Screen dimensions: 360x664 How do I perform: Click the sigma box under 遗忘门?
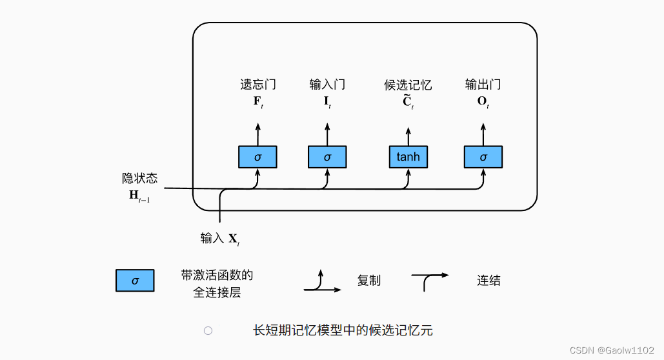[x=257, y=157]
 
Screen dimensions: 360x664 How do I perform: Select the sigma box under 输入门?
[x=327, y=157]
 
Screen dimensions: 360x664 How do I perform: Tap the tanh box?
[x=408, y=157]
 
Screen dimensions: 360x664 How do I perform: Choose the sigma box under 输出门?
[x=483, y=157]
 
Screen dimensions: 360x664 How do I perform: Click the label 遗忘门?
[x=258, y=85]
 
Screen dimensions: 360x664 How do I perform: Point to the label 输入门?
[x=327, y=85]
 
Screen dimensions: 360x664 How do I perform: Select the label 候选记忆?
[x=408, y=85]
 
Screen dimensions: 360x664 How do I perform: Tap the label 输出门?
[x=483, y=85]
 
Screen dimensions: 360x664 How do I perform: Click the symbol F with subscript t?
[x=258, y=102]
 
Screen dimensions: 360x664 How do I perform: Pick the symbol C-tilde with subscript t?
[x=408, y=102]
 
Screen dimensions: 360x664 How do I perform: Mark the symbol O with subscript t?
[x=483, y=102]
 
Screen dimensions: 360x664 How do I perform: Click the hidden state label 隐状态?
[x=139, y=178]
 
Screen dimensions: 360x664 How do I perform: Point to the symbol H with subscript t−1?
[x=139, y=195]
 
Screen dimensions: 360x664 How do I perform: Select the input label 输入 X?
[x=220, y=239]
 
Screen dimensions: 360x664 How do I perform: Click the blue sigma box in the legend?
[x=135, y=281]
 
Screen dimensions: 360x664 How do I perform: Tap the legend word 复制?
[x=369, y=281]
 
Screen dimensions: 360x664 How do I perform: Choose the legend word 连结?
[x=488, y=281]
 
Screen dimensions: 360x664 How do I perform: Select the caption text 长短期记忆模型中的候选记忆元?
[x=342, y=331]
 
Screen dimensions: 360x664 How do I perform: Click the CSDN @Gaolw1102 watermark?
[x=613, y=349]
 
